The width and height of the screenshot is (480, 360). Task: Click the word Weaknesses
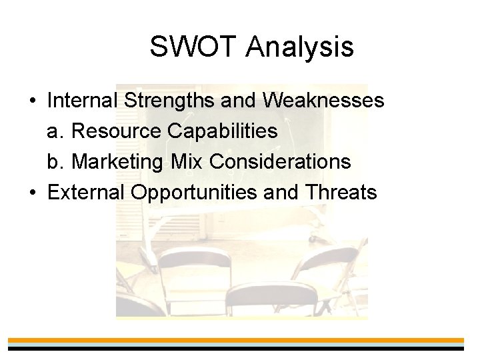tap(324, 101)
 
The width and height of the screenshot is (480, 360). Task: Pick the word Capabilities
tap(225, 131)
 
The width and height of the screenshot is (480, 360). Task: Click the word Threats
tap(340, 193)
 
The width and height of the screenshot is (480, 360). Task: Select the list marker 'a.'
tap(55, 131)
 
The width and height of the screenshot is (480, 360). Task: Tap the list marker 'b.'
tap(55, 162)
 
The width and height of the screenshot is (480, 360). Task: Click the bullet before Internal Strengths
tap(33, 101)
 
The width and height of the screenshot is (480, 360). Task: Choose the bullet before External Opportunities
tap(33, 193)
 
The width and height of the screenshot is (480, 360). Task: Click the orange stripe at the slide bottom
tap(240, 340)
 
